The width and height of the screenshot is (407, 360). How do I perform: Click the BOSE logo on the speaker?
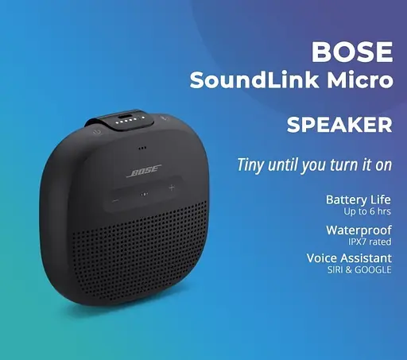click(145, 171)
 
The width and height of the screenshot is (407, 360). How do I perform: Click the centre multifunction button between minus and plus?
click(144, 194)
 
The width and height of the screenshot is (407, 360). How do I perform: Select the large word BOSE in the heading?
click(352, 52)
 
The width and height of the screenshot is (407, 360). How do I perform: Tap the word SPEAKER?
click(339, 125)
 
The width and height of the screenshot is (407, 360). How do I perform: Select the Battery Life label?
click(359, 199)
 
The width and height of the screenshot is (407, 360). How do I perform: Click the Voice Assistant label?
click(349, 258)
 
